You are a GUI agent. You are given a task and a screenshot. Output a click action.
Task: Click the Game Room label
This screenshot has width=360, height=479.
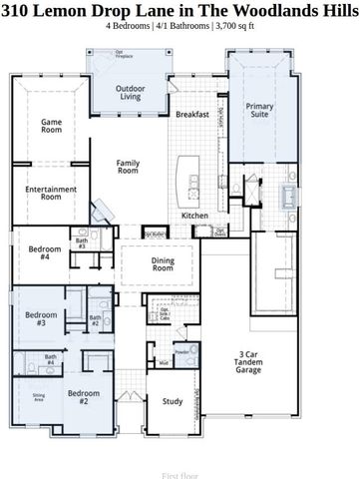coord(51,127)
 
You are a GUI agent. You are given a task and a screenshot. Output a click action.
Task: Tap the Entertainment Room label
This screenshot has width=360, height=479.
coord(51,193)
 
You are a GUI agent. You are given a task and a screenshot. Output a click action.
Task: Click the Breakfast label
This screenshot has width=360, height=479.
coord(191,115)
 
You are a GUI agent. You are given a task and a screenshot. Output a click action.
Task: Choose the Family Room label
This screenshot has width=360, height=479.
coord(128,167)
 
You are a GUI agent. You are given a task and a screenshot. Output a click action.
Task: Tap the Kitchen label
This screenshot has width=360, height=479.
coord(193,216)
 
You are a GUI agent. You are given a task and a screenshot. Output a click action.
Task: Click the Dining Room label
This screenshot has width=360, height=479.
coord(163,264)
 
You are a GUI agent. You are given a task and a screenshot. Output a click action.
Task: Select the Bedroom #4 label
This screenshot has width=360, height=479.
coord(38,252)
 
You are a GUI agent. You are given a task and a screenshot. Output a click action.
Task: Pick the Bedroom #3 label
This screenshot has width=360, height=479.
coord(35,319)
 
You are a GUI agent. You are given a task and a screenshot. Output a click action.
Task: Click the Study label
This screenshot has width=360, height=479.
coord(173,401)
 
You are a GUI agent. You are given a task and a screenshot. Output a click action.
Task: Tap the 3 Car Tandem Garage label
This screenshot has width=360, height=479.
coord(249,361)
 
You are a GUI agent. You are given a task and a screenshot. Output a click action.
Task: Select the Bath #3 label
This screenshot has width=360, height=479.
coord(82,242)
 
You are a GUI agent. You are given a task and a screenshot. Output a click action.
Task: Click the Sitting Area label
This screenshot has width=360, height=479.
coord(38,396)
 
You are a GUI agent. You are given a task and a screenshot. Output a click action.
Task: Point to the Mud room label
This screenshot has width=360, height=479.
coord(163,363)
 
